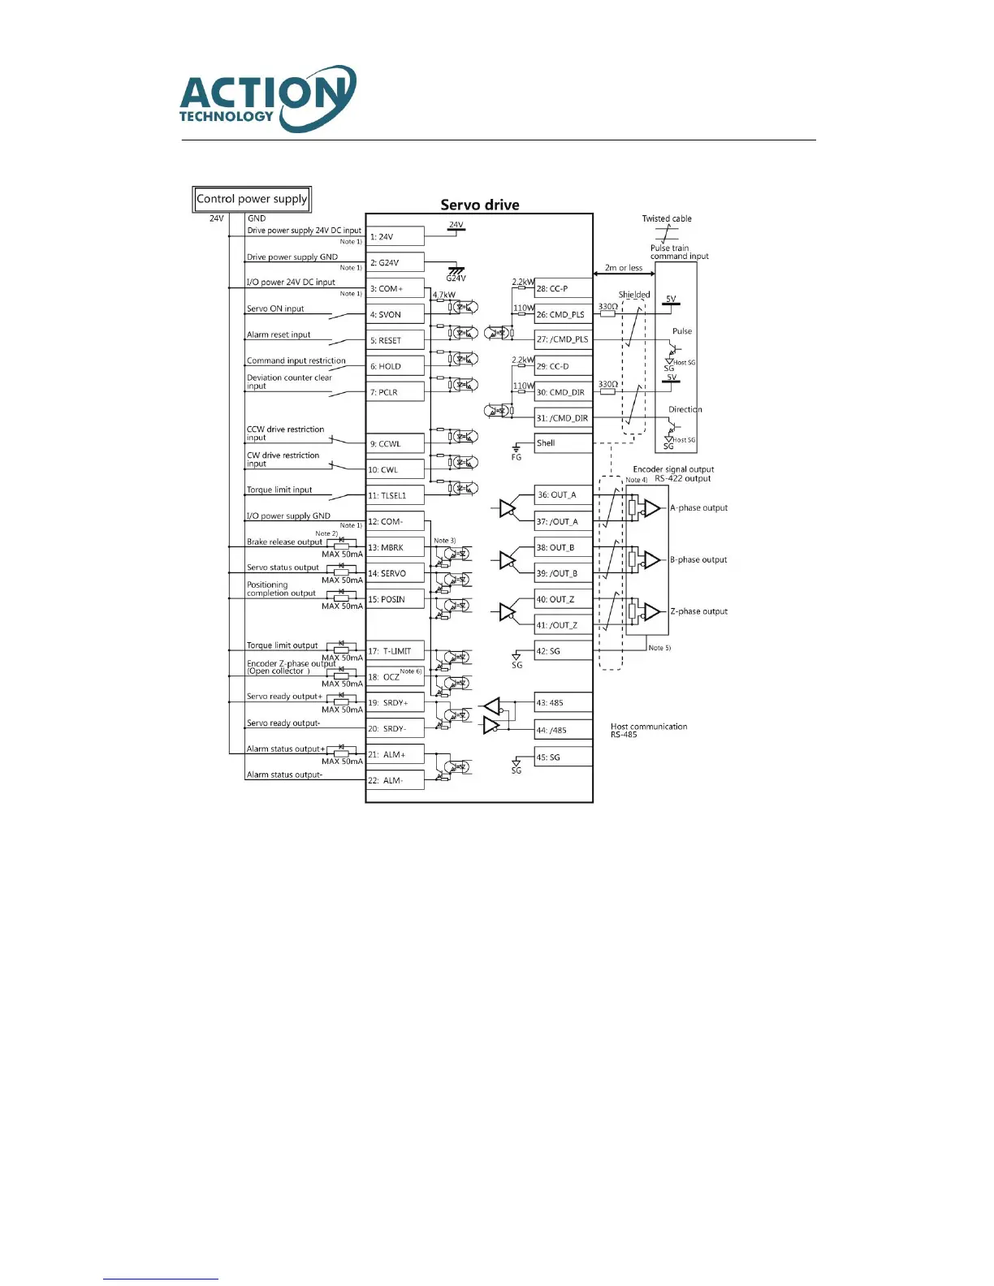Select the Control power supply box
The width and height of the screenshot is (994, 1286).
coord(252,199)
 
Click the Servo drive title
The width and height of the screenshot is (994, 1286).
coord(479,205)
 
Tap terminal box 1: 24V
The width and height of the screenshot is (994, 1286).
coord(395,237)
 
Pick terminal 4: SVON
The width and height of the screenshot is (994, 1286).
coord(395,314)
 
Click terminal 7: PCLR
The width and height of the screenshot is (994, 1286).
coord(395,392)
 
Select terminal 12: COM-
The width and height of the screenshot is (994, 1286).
coord(395,521)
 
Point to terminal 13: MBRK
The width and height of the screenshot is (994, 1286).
coord(395,547)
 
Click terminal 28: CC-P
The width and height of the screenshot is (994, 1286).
coord(563,288)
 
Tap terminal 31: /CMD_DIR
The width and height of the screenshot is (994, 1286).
coord(563,418)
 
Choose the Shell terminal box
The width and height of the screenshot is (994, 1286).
coord(563,443)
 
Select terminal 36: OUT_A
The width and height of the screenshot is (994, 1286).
coord(563,494)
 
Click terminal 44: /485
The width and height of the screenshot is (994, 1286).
coord(563,730)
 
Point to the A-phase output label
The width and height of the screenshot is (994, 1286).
coord(698,508)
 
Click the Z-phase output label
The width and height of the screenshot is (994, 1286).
coord(698,611)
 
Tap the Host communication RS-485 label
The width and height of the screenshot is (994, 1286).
coord(648,731)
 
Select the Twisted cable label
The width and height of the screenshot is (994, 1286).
coord(667,218)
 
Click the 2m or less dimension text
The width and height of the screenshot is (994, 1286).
coord(623,268)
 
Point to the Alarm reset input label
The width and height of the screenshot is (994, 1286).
coord(279,334)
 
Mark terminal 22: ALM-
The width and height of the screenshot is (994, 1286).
coord(395,780)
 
